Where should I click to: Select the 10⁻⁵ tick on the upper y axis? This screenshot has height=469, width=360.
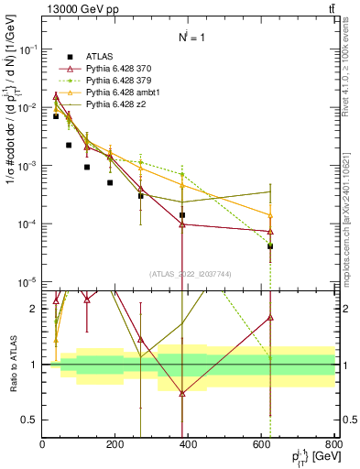27,282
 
